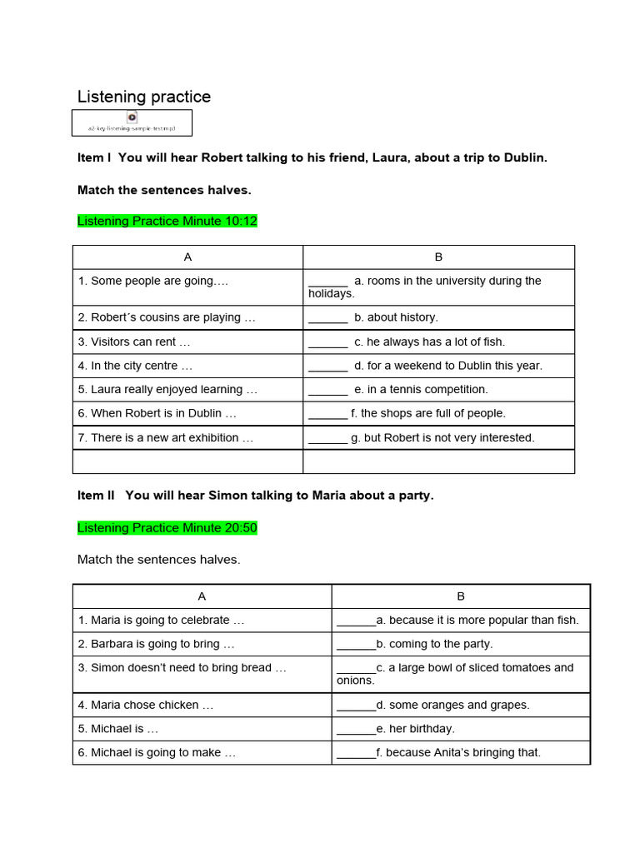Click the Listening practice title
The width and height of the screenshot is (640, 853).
tap(144, 97)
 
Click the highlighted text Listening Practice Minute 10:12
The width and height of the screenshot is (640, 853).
tap(167, 221)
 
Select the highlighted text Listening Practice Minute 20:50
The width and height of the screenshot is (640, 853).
tap(167, 527)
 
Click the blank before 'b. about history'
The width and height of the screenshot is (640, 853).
tap(327, 317)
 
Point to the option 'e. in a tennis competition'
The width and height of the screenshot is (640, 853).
tap(421, 389)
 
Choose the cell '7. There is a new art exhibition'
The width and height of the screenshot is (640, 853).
tap(165, 437)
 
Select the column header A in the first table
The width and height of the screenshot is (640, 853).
tap(187, 257)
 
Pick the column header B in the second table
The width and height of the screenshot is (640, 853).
tap(461, 596)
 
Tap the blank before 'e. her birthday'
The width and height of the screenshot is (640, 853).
tap(356, 728)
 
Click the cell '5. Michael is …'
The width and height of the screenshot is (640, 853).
tap(125, 728)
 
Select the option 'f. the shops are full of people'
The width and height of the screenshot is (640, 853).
tap(427, 413)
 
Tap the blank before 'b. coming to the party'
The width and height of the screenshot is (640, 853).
tap(356, 644)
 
